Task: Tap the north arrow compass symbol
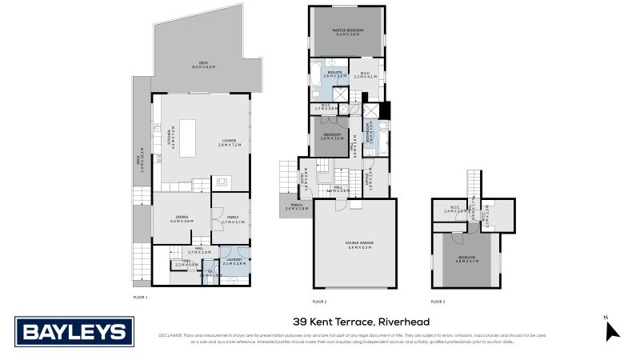(612, 329)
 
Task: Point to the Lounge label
(230, 143)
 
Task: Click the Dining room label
(182, 218)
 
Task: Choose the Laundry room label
(234, 260)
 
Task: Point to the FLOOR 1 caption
(141, 298)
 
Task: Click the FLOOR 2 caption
(319, 301)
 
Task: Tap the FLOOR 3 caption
(438, 301)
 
